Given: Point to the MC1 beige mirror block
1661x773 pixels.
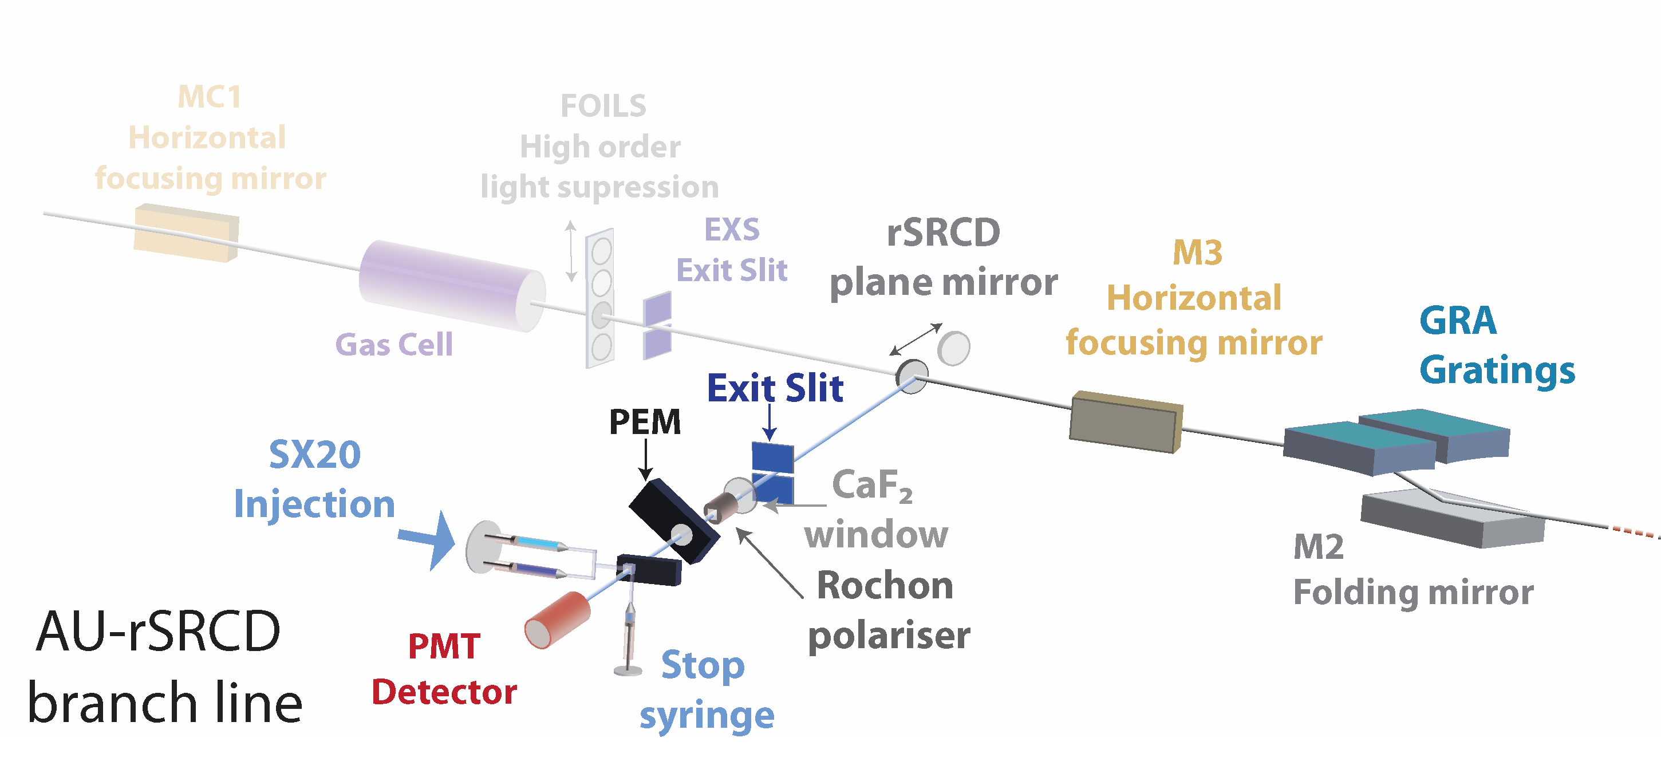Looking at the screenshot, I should tap(186, 232).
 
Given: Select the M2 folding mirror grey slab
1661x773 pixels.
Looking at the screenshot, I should tap(1451, 519).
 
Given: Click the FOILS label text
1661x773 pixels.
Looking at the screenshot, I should tap(603, 107).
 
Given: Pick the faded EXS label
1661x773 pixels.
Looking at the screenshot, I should tap(732, 230).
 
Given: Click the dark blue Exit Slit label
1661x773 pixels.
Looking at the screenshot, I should tap(775, 388).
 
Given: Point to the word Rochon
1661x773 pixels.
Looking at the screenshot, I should tap(885, 585).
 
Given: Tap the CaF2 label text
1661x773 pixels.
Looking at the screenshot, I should tap(872, 485).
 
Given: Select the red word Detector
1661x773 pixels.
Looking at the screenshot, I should tap(444, 692).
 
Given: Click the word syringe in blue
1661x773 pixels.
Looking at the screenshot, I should tap(707, 716).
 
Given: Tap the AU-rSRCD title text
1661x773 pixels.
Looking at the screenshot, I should tap(159, 632).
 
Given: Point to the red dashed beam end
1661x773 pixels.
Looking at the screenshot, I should tap(1635, 531).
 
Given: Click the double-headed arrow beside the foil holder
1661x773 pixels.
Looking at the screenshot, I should tap(571, 251).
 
